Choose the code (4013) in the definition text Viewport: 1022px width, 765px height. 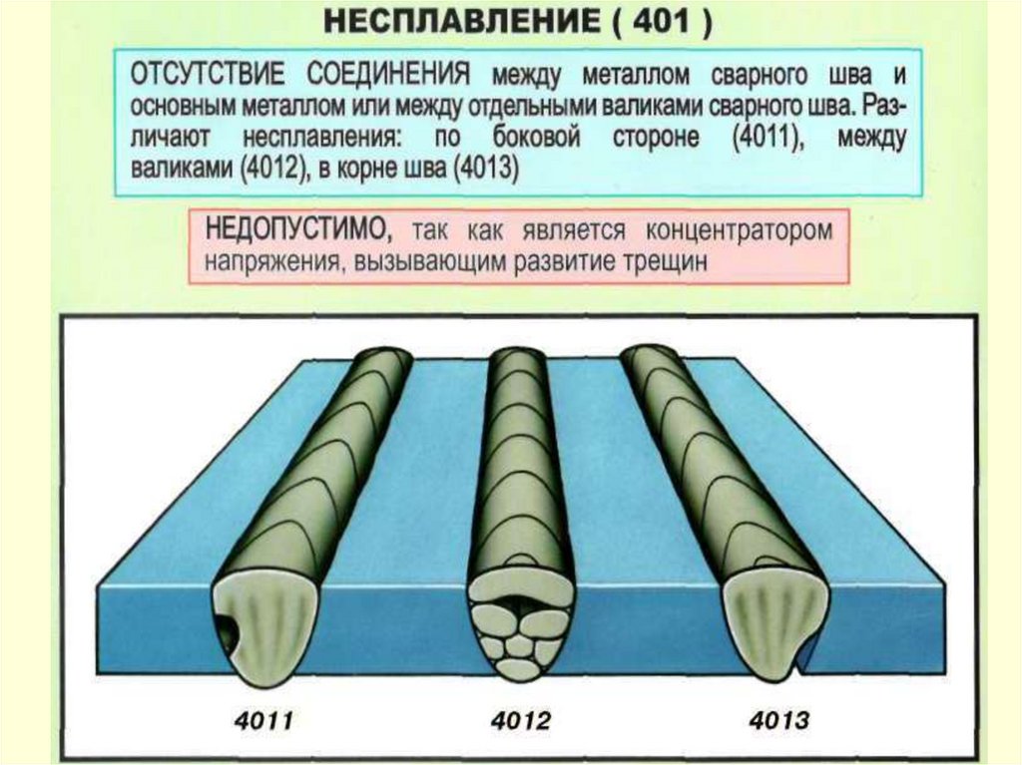[x=485, y=168]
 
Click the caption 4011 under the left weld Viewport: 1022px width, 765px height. [x=260, y=718]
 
